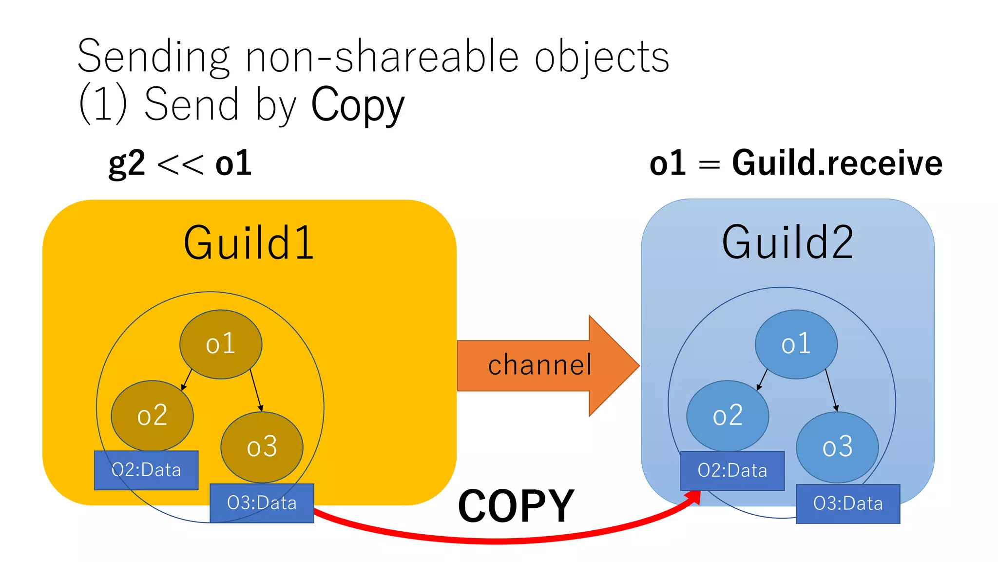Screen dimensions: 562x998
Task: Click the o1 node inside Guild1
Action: (x=221, y=344)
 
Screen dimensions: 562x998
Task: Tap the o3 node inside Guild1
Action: (x=262, y=447)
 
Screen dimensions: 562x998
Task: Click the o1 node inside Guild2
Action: (x=796, y=344)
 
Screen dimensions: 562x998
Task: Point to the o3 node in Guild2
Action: (x=837, y=447)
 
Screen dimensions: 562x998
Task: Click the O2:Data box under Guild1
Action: (x=146, y=470)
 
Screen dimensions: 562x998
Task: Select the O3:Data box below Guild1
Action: (x=262, y=503)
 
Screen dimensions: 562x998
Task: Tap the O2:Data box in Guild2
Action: (x=732, y=471)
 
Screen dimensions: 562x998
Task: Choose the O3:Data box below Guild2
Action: (x=848, y=503)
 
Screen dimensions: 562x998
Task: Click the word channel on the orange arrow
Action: (x=539, y=365)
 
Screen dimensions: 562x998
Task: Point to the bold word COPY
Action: (x=516, y=506)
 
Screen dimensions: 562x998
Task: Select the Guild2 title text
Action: (x=787, y=242)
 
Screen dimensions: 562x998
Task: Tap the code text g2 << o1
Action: (x=180, y=163)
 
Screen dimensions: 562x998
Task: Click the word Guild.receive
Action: (x=837, y=163)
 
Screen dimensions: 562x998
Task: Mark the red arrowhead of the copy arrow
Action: (x=693, y=498)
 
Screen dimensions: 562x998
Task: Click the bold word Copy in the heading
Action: (x=358, y=105)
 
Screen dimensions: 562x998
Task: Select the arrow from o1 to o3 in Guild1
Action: (x=256, y=390)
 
